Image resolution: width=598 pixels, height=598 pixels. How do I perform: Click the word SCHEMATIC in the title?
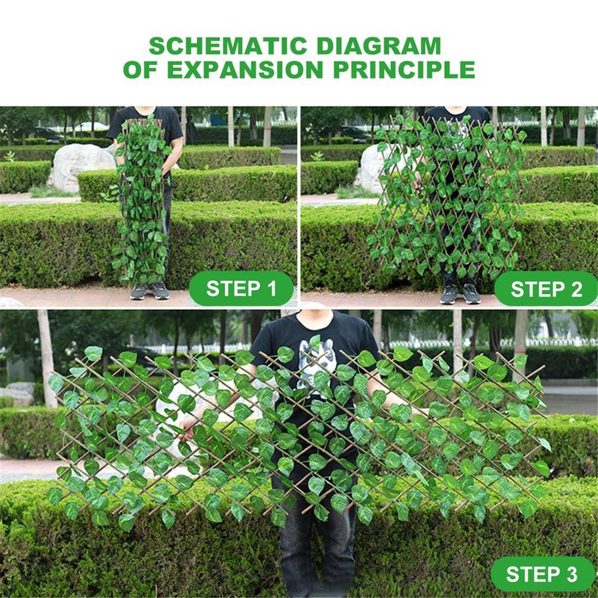[228, 46]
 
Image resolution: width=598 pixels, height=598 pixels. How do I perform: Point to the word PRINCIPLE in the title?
[404, 69]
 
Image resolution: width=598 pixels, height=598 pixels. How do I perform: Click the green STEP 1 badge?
[242, 289]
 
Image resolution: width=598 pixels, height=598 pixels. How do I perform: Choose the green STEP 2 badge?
[545, 289]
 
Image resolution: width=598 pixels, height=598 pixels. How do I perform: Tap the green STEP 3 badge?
[542, 574]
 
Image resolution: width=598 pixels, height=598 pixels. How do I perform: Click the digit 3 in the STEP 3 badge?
[571, 574]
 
